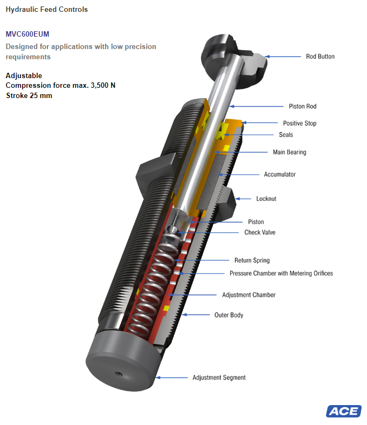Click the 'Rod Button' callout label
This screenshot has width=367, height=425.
(320, 57)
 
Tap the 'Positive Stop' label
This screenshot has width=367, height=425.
(300, 123)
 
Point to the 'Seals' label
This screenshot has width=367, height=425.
(286, 135)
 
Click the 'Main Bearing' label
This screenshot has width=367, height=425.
(289, 152)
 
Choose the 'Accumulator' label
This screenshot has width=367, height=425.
(280, 175)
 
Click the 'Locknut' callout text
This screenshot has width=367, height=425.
(266, 199)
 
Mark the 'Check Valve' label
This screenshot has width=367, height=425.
(260, 233)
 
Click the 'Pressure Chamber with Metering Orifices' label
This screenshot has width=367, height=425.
(281, 274)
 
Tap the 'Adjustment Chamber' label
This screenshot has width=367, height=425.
(248, 295)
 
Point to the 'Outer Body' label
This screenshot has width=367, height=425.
(228, 315)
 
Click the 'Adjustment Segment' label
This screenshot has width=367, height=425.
(219, 378)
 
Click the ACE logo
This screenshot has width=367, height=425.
(343, 411)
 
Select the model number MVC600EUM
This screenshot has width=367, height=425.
(27, 34)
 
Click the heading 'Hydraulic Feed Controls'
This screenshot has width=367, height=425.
(46, 9)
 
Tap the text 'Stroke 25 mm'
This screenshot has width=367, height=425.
(29, 95)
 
